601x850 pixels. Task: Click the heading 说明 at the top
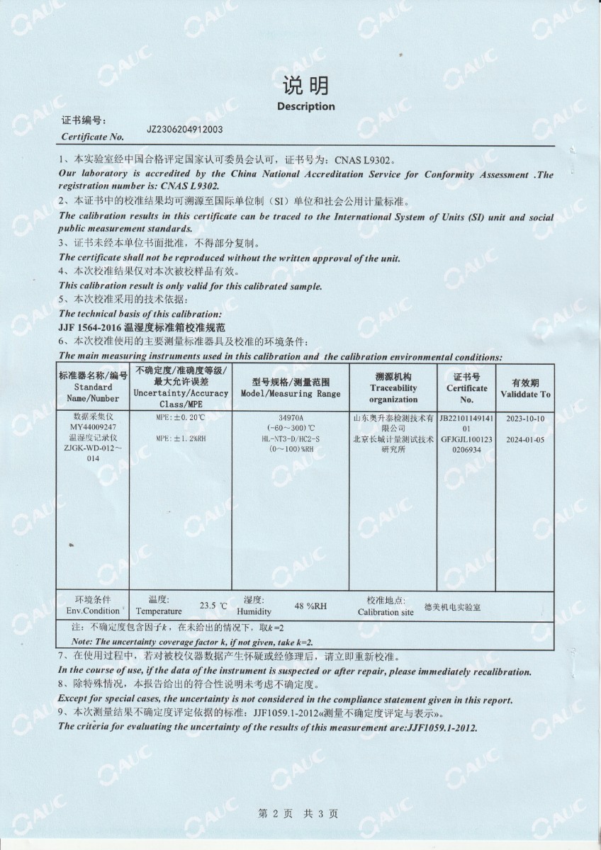click(x=305, y=86)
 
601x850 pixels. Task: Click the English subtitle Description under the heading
click(x=305, y=107)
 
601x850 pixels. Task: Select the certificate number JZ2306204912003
click(x=185, y=130)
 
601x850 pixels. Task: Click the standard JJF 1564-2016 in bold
click(x=90, y=328)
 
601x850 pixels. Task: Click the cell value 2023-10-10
click(x=525, y=418)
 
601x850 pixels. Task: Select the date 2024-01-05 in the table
click(x=525, y=439)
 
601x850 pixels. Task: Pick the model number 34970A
click(x=291, y=418)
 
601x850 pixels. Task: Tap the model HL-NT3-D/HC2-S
click(x=291, y=439)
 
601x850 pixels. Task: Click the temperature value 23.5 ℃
click(x=213, y=606)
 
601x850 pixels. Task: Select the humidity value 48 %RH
click(x=310, y=606)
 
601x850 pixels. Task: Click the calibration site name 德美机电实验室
click(x=452, y=607)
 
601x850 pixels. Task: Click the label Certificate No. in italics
click(x=93, y=137)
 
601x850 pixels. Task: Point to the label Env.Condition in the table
click(x=93, y=611)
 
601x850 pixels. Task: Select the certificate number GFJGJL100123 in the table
click(x=466, y=439)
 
